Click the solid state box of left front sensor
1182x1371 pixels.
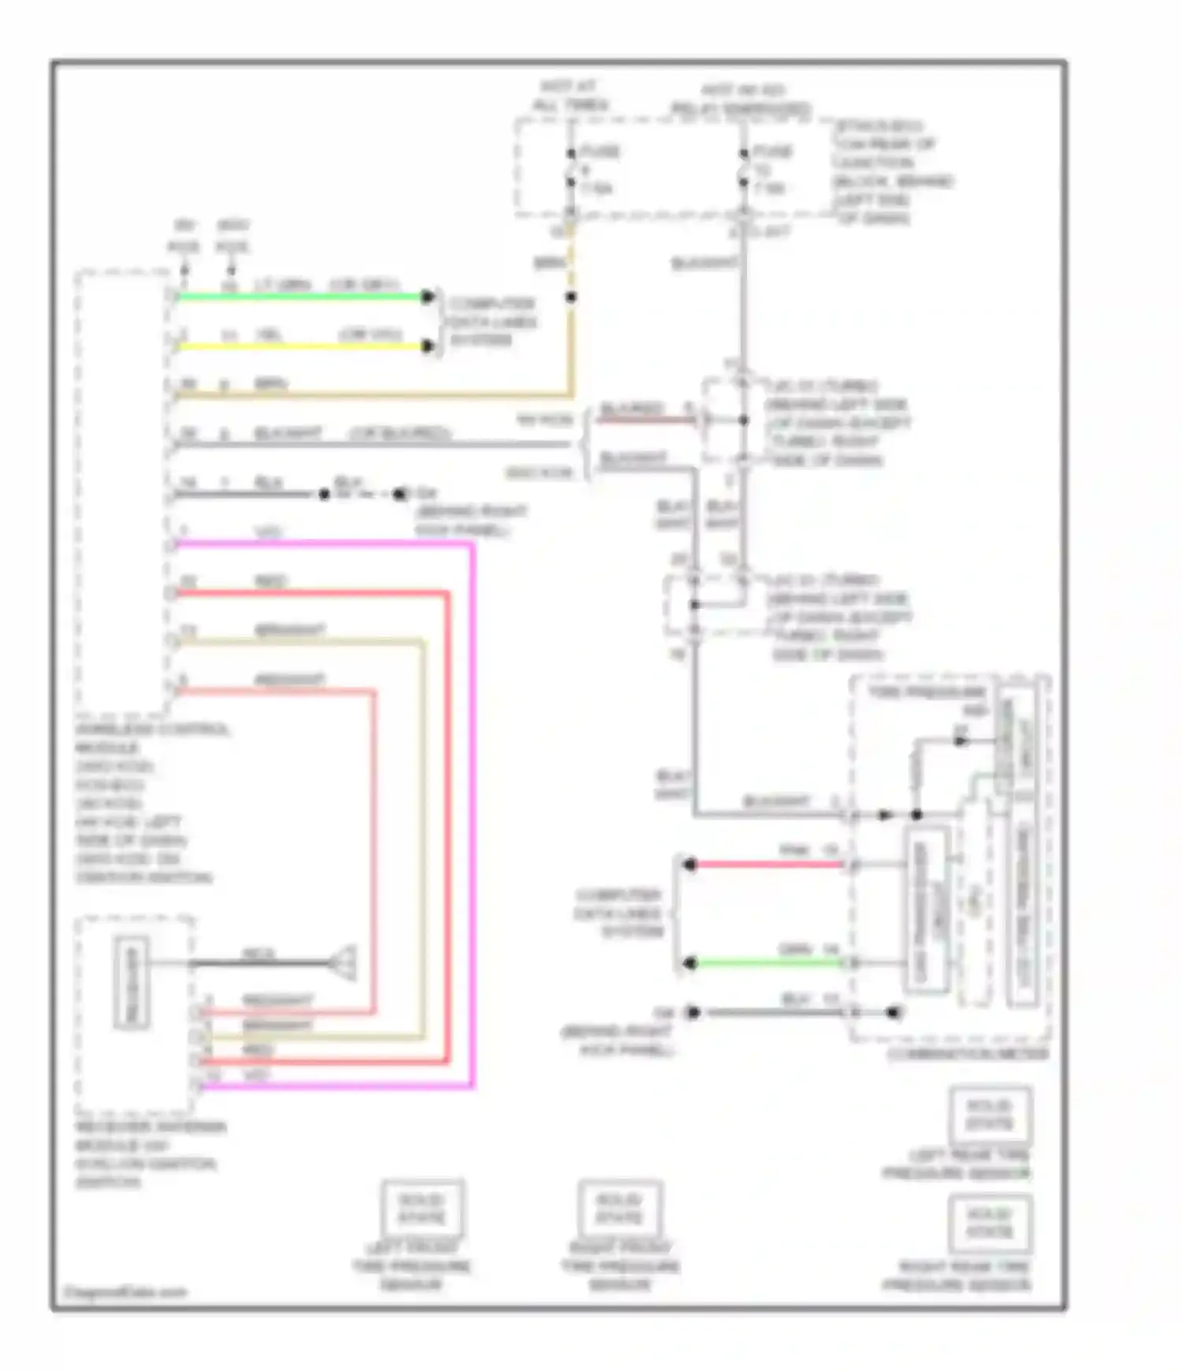pos(422,1208)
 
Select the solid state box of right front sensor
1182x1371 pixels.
pos(619,1208)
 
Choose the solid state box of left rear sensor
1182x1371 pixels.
pos(990,1114)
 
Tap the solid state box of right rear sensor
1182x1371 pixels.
pos(990,1223)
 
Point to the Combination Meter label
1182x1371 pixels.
pos(968,1054)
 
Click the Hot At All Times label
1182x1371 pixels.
pos(569,95)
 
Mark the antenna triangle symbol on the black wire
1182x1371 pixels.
pos(344,963)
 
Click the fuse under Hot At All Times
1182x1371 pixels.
pos(571,168)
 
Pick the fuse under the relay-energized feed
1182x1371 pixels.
pos(744,168)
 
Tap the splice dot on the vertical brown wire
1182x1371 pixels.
pos(571,297)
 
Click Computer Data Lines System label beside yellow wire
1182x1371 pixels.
pos(492,321)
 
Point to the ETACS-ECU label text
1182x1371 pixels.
pos(879,126)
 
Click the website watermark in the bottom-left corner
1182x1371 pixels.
pos(125,1292)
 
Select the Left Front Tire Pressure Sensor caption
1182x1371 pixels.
pos(411,1266)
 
